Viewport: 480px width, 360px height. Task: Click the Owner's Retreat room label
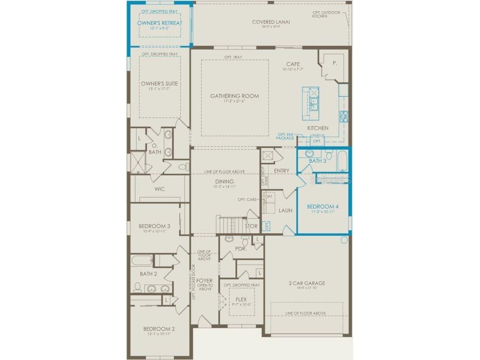[160, 23]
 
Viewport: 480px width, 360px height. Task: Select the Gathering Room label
[235, 96]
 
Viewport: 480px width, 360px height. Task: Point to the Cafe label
[293, 64]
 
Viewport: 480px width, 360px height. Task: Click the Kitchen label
[318, 128]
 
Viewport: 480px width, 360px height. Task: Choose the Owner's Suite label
[160, 84]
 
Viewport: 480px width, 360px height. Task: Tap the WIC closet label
[159, 189]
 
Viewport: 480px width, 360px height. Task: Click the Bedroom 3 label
[154, 226]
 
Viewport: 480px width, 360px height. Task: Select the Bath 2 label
[148, 274]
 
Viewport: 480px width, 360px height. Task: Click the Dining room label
[225, 182]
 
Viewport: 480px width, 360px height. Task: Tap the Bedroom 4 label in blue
[323, 206]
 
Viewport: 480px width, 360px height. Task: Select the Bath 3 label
[318, 161]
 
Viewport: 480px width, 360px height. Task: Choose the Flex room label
[241, 299]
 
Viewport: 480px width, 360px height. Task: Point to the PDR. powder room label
[241, 249]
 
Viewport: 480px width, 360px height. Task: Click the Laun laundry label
[285, 210]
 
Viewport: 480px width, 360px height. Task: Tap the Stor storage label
[251, 226]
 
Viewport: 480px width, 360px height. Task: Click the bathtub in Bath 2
[141, 260]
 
